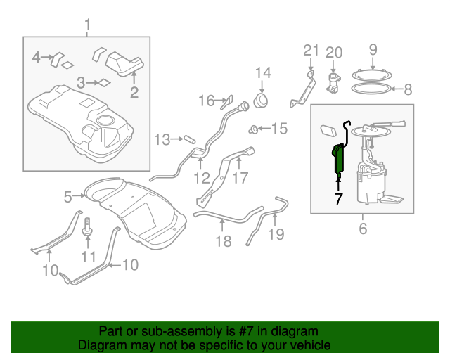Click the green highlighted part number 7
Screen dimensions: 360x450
340,160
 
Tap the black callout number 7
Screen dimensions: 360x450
338,200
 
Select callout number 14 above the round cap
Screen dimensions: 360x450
262,74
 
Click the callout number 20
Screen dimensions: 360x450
333,53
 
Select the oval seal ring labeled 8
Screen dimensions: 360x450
370,89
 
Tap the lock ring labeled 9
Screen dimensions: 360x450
373,72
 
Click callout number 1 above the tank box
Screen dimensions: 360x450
87,26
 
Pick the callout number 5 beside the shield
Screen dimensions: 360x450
68,198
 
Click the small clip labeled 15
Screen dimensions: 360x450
252,129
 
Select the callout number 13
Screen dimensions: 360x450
162,140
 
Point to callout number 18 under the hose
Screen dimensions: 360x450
223,243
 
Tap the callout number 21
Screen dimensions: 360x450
311,51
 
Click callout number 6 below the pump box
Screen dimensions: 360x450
363,229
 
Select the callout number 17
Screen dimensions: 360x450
240,178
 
